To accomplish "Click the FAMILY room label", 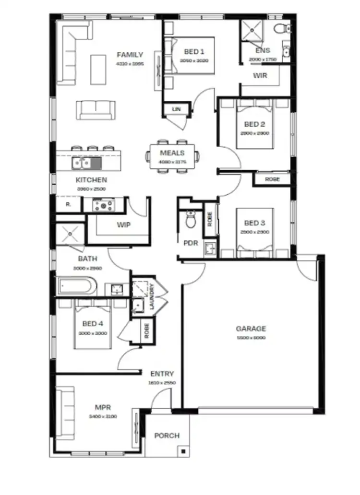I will point(130,55).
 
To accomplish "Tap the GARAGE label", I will point(251,329).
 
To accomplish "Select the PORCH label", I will point(167,436).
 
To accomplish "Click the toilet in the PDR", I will point(191,221).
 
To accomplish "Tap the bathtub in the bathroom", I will point(77,287).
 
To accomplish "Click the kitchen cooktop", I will point(103,206).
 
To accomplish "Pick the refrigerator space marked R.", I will point(68,204).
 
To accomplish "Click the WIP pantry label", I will point(124,224).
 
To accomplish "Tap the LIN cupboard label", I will point(177,110).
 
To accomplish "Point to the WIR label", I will point(260,75).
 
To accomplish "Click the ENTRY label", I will point(162,374).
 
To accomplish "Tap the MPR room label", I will point(103,408).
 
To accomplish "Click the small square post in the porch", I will point(183,451).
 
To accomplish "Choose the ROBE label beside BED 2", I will point(272,179).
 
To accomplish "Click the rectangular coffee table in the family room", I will point(98,66).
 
